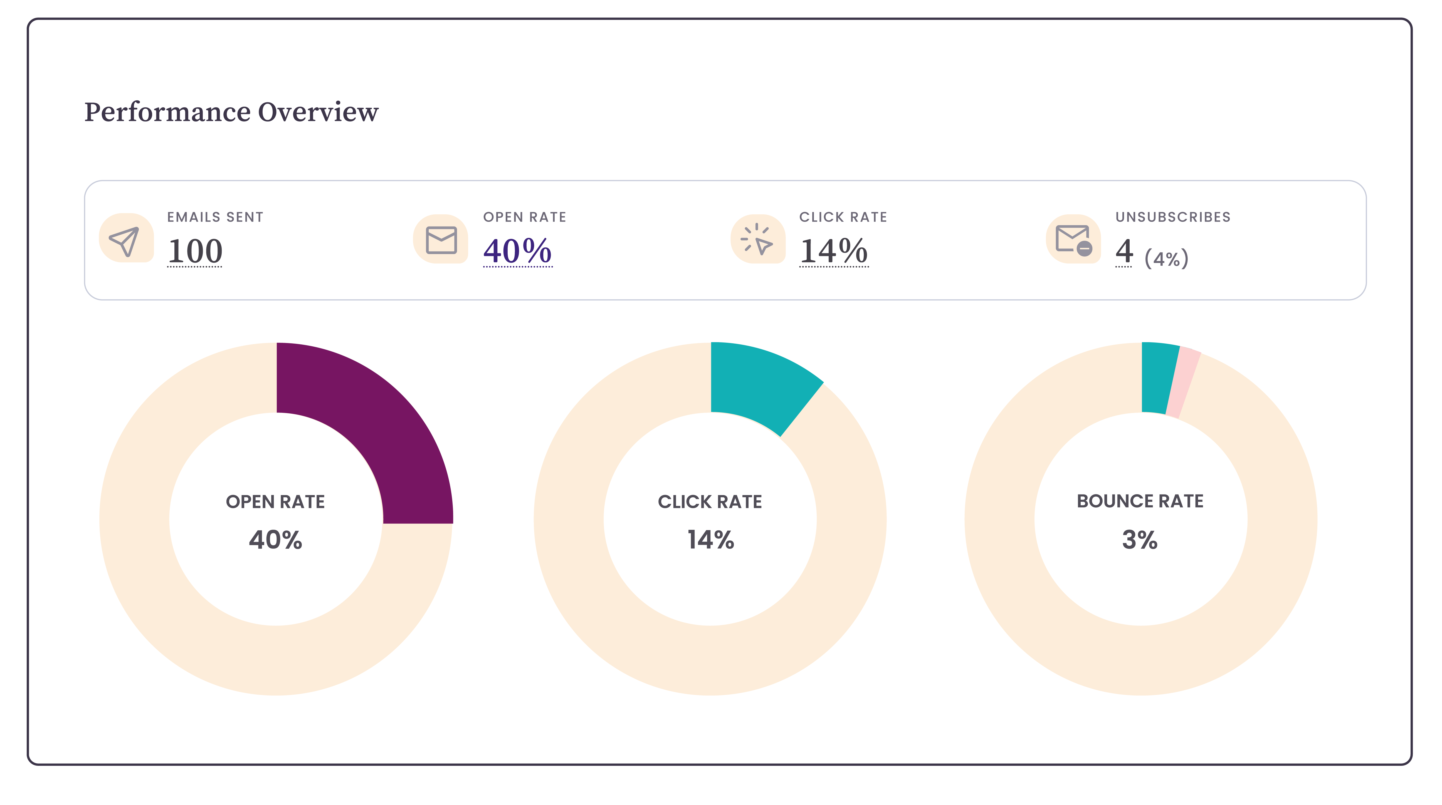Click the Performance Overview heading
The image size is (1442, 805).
click(x=231, y=112)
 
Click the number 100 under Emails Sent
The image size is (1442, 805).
click(x=195, y=251)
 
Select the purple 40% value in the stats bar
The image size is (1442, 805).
click(x=517, y=251)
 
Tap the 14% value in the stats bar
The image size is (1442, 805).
click(x=833, y=251)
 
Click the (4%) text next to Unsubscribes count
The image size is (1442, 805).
click(x=1166, y=259)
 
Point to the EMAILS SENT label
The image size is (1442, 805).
click(x=215, y=217)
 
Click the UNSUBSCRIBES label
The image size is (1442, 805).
click(x=1173, y=217)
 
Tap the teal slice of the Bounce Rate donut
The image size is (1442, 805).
click(x=1158, y=377)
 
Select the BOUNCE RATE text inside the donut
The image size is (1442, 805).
click(x=1140, y=501)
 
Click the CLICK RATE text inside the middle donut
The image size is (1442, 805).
click(x=710, y=502)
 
